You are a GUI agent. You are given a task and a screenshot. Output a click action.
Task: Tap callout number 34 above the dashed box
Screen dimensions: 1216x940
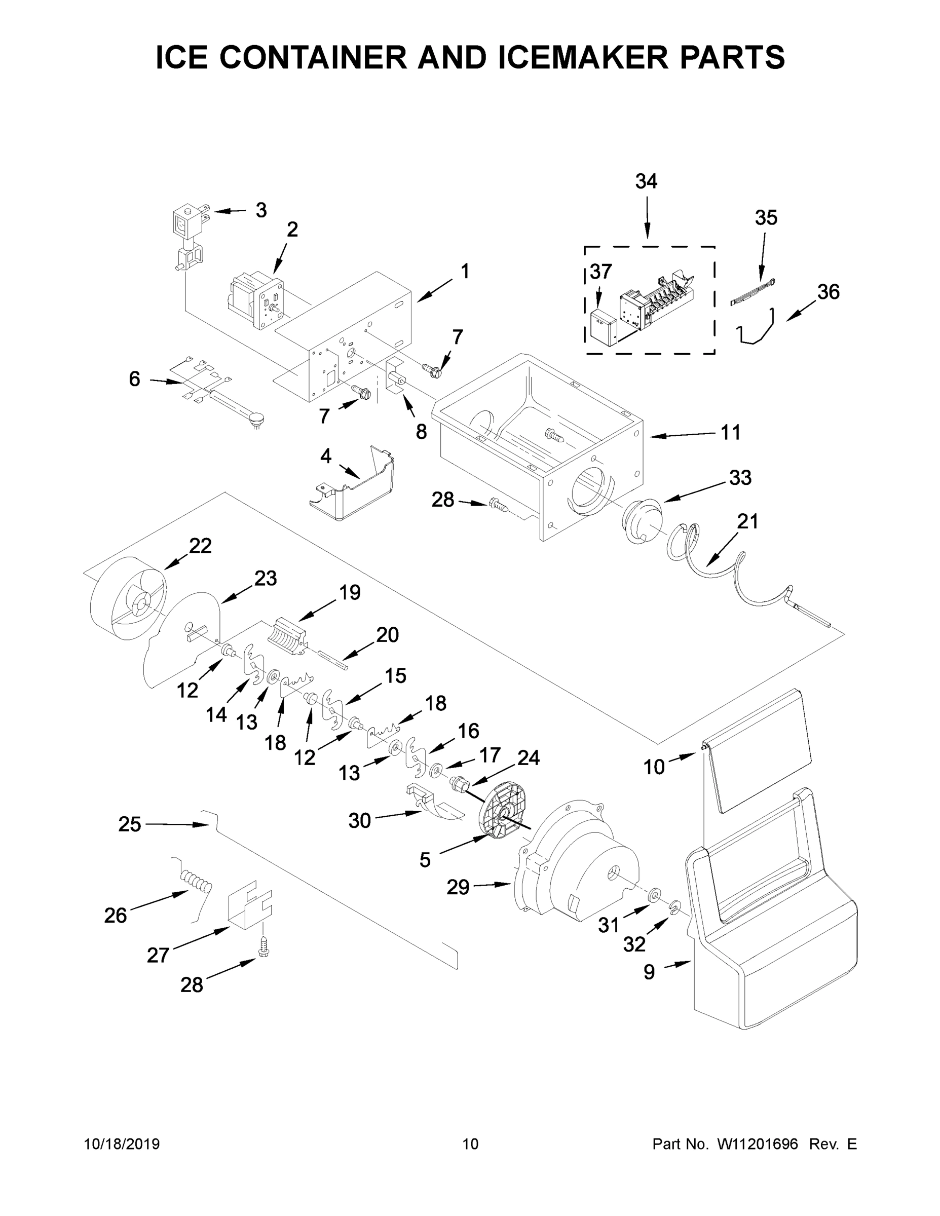(x=646, y=181)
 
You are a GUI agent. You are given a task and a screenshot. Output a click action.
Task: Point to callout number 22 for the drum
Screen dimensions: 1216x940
(x=200, y=546)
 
